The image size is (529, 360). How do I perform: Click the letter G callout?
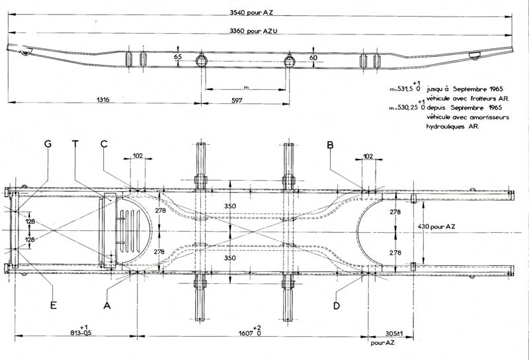coord(48,144)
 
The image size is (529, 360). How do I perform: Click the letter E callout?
coord(54,305)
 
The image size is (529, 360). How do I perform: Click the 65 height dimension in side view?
coord(178,58)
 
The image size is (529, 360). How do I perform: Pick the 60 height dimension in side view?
coord(313,58)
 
